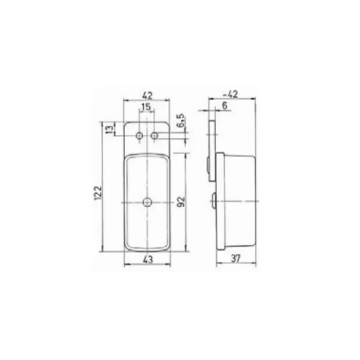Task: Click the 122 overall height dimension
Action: tap(98, 193)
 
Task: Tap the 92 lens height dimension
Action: tap(181, 201)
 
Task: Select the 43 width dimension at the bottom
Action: tap(147, 260)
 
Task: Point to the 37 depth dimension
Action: tap(235, 258)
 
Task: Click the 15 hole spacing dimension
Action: tap(146, 107)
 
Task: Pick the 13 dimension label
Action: tap(110, 129)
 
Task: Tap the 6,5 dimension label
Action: tap(181, 120)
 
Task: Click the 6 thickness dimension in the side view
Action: tap(225, 106)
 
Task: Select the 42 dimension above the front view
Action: tap(147, 95)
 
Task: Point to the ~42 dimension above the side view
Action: tap(231, 94)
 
